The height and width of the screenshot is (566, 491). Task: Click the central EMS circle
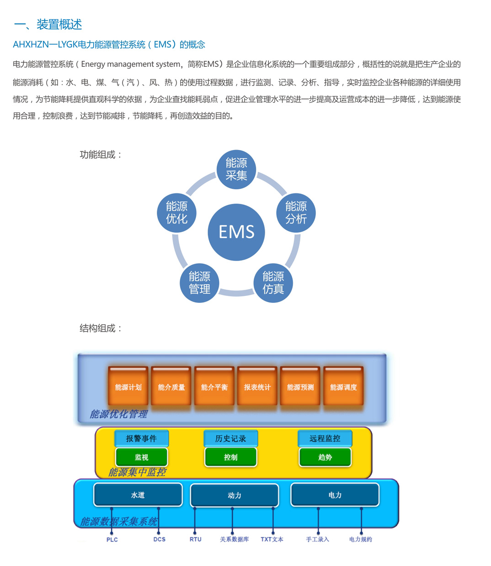tap(236, 232)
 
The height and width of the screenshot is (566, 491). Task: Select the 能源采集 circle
tap(236, 169)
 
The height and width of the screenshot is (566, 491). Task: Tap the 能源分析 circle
tap(296, 213)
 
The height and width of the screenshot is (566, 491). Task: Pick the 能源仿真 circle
tap(273, 283)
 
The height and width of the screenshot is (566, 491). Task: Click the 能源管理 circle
tap(199, 283)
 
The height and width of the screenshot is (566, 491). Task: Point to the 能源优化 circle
tap(176, 213)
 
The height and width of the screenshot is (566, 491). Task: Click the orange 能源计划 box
tap(128, 387)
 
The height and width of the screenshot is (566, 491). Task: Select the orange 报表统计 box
tap(257, 387)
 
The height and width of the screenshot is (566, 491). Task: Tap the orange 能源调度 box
tap(343, 387)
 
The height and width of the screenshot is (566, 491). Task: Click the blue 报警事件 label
tap(141, 438)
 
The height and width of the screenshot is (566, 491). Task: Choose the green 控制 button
tap(231, 457)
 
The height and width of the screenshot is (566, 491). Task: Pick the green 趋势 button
tap(325, 457)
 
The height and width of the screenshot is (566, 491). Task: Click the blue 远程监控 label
tap(325, 438)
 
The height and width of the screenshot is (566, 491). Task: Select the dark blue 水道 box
tap(138, 495)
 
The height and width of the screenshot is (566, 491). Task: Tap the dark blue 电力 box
tap(335, 495)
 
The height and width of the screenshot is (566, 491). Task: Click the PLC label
tap(112, 539)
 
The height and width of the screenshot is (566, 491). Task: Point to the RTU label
tap(195, 539)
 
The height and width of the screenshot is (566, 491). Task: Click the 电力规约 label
tap(360, 539)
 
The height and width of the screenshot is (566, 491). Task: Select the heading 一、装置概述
tap(48, 24)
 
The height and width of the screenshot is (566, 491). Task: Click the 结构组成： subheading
tap(101, 328)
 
